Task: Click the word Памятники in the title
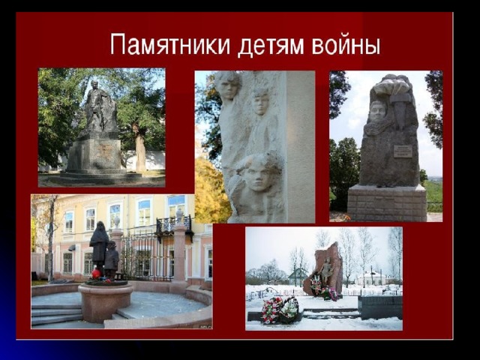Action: pyautogui.click(x=170, y=46)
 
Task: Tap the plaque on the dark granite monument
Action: pyautogui.click(x=403, y=151)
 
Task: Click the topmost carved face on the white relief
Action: pyautogui.click(x=227, y=85)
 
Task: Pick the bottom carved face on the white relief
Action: pyautogui.click(x=259, y=173)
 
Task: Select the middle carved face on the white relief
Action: pyautogui.click(x=260, y=102)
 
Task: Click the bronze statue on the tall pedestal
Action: pyautogui.click(x=100, y=106)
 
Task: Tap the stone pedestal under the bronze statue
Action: pyautogui.click(x=94, y=154)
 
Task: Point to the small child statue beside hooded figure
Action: pyautogui.click(x=111, y=259)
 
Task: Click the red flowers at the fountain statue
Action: pyautogui.click(x=96, y=273)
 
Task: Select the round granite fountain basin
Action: pyautogui.click(x=105, y=301)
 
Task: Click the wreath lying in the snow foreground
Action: pyautogui.click(x=280, y=310)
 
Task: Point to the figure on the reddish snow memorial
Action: pyautogui.click(x=326, y=270)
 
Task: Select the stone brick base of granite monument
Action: pyautogui.click(x=387, y=202)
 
